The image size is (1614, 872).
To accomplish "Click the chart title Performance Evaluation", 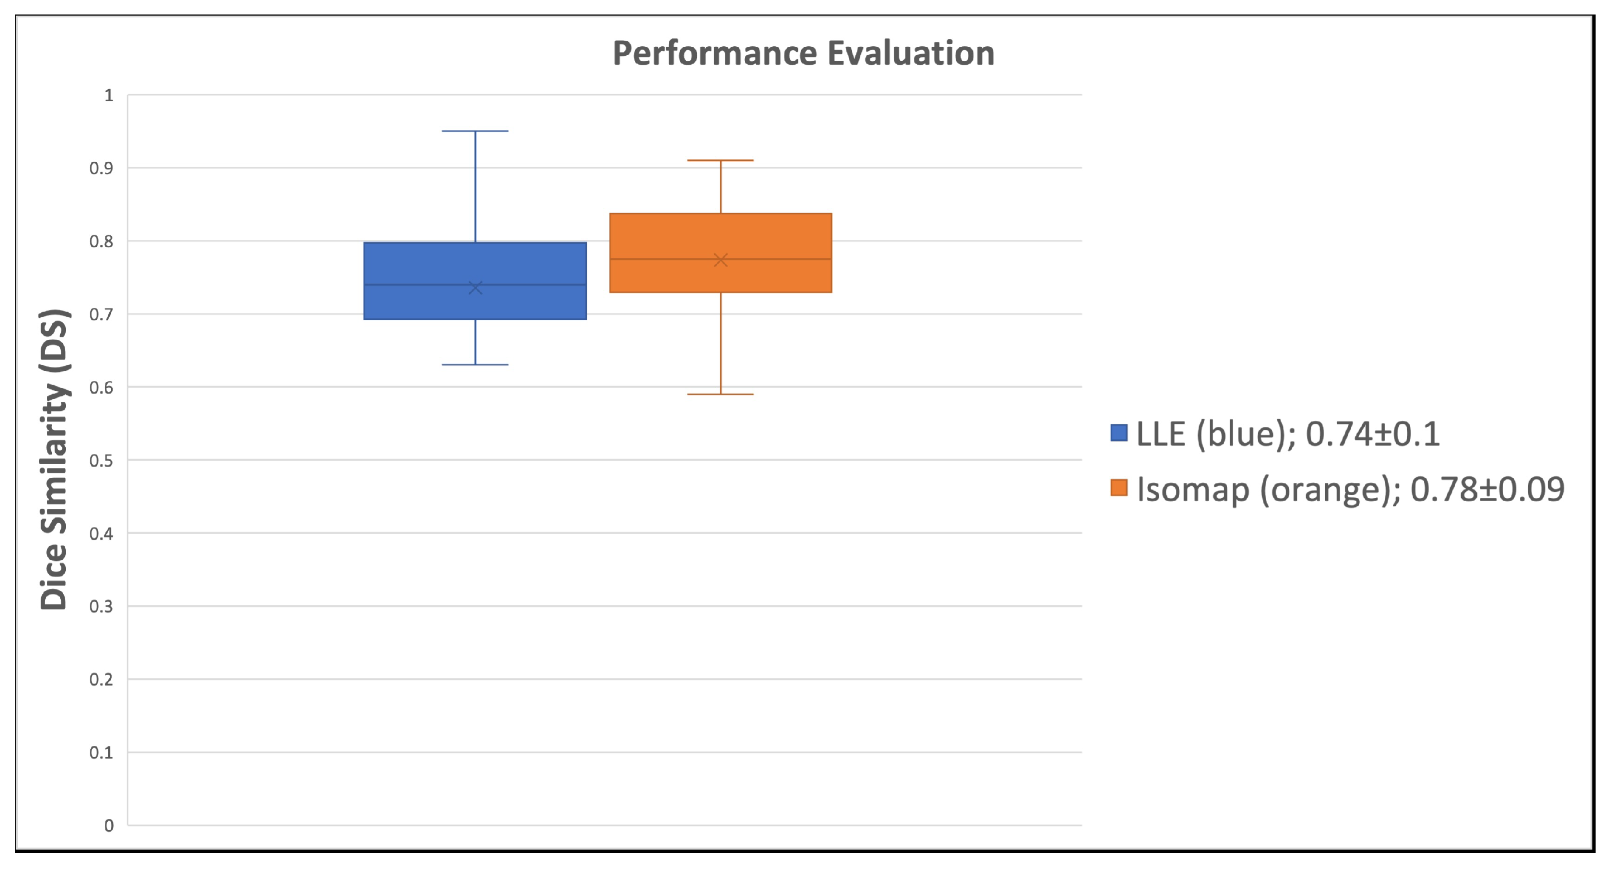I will pos(803,54).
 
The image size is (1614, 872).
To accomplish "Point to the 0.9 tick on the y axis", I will pos(101,168).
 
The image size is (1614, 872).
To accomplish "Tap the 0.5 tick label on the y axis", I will pos(101,461).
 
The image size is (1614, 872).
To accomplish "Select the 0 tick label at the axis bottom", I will pos(109,826).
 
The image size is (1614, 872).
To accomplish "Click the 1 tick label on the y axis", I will pos(109,96).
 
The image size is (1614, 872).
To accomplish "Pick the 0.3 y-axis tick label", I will pos(101,607).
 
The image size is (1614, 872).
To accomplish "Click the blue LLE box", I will pos(475,263).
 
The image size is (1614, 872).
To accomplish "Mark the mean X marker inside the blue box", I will pos(475,288).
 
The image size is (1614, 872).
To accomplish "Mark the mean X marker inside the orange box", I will pos(720,260).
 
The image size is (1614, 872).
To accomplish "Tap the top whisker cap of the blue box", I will pos(475,132).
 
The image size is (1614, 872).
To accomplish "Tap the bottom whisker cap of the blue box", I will pos(475,365).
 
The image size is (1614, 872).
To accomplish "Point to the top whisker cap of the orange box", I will pos(720,161).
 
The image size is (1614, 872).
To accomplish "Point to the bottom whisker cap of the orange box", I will pos(720,394).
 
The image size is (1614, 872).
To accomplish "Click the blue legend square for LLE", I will pos(1118,433).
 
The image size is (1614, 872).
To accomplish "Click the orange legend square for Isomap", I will pos(1118,487).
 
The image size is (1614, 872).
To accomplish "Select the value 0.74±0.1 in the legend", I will pos(1372,434).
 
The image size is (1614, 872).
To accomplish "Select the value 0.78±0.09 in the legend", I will pos(1487,490).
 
